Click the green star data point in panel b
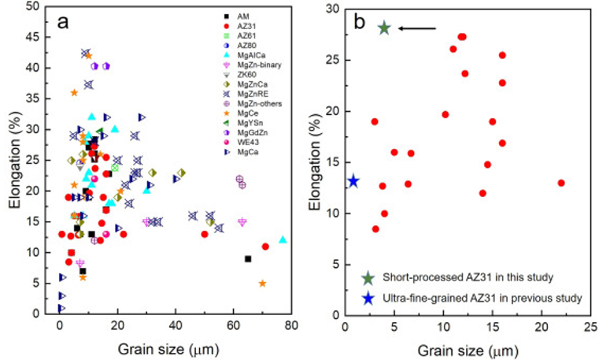pyautogui.click(x=384, y=28)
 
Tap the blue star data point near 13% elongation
pyautogui.click(x=353, y=181)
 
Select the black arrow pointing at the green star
pyautogui.click(x=416, y=28)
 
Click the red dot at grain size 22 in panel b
pyautogui.click(x=561, y=183)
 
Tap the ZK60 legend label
pyautogui.click(x=247, y=75)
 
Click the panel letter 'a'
pyautogui.click(x=63, y=22)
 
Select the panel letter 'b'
pyautogui.click(x=360, y=22)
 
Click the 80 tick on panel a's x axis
pyautogui.click(x=291, y=326)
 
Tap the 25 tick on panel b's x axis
pyautogui.click(x=590, y=328)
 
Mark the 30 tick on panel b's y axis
pyautogui.click(x=333, y=9)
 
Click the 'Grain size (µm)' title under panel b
pyautogui.click(x=468, y=351)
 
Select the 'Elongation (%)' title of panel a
pyautogui.click(x=15, y=159)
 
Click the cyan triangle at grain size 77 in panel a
pyautogui.click(x=283, y=239)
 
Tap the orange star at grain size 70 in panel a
pyautogui.click(x=262, y=284)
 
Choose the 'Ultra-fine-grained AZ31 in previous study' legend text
pyautogui.click(x=483, y=298)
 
